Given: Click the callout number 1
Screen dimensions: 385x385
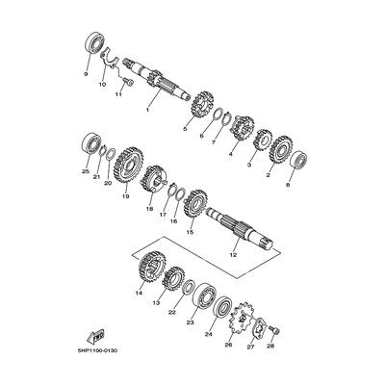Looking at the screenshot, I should (x=146, y=110).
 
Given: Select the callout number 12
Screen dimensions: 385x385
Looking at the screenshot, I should (x=232, y=254).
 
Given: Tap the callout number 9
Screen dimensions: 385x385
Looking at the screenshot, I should (x=87, y=72).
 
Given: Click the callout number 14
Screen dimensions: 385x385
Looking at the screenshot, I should (x=139, y=292).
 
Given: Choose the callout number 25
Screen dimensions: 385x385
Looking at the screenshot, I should (x=85, y=171).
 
